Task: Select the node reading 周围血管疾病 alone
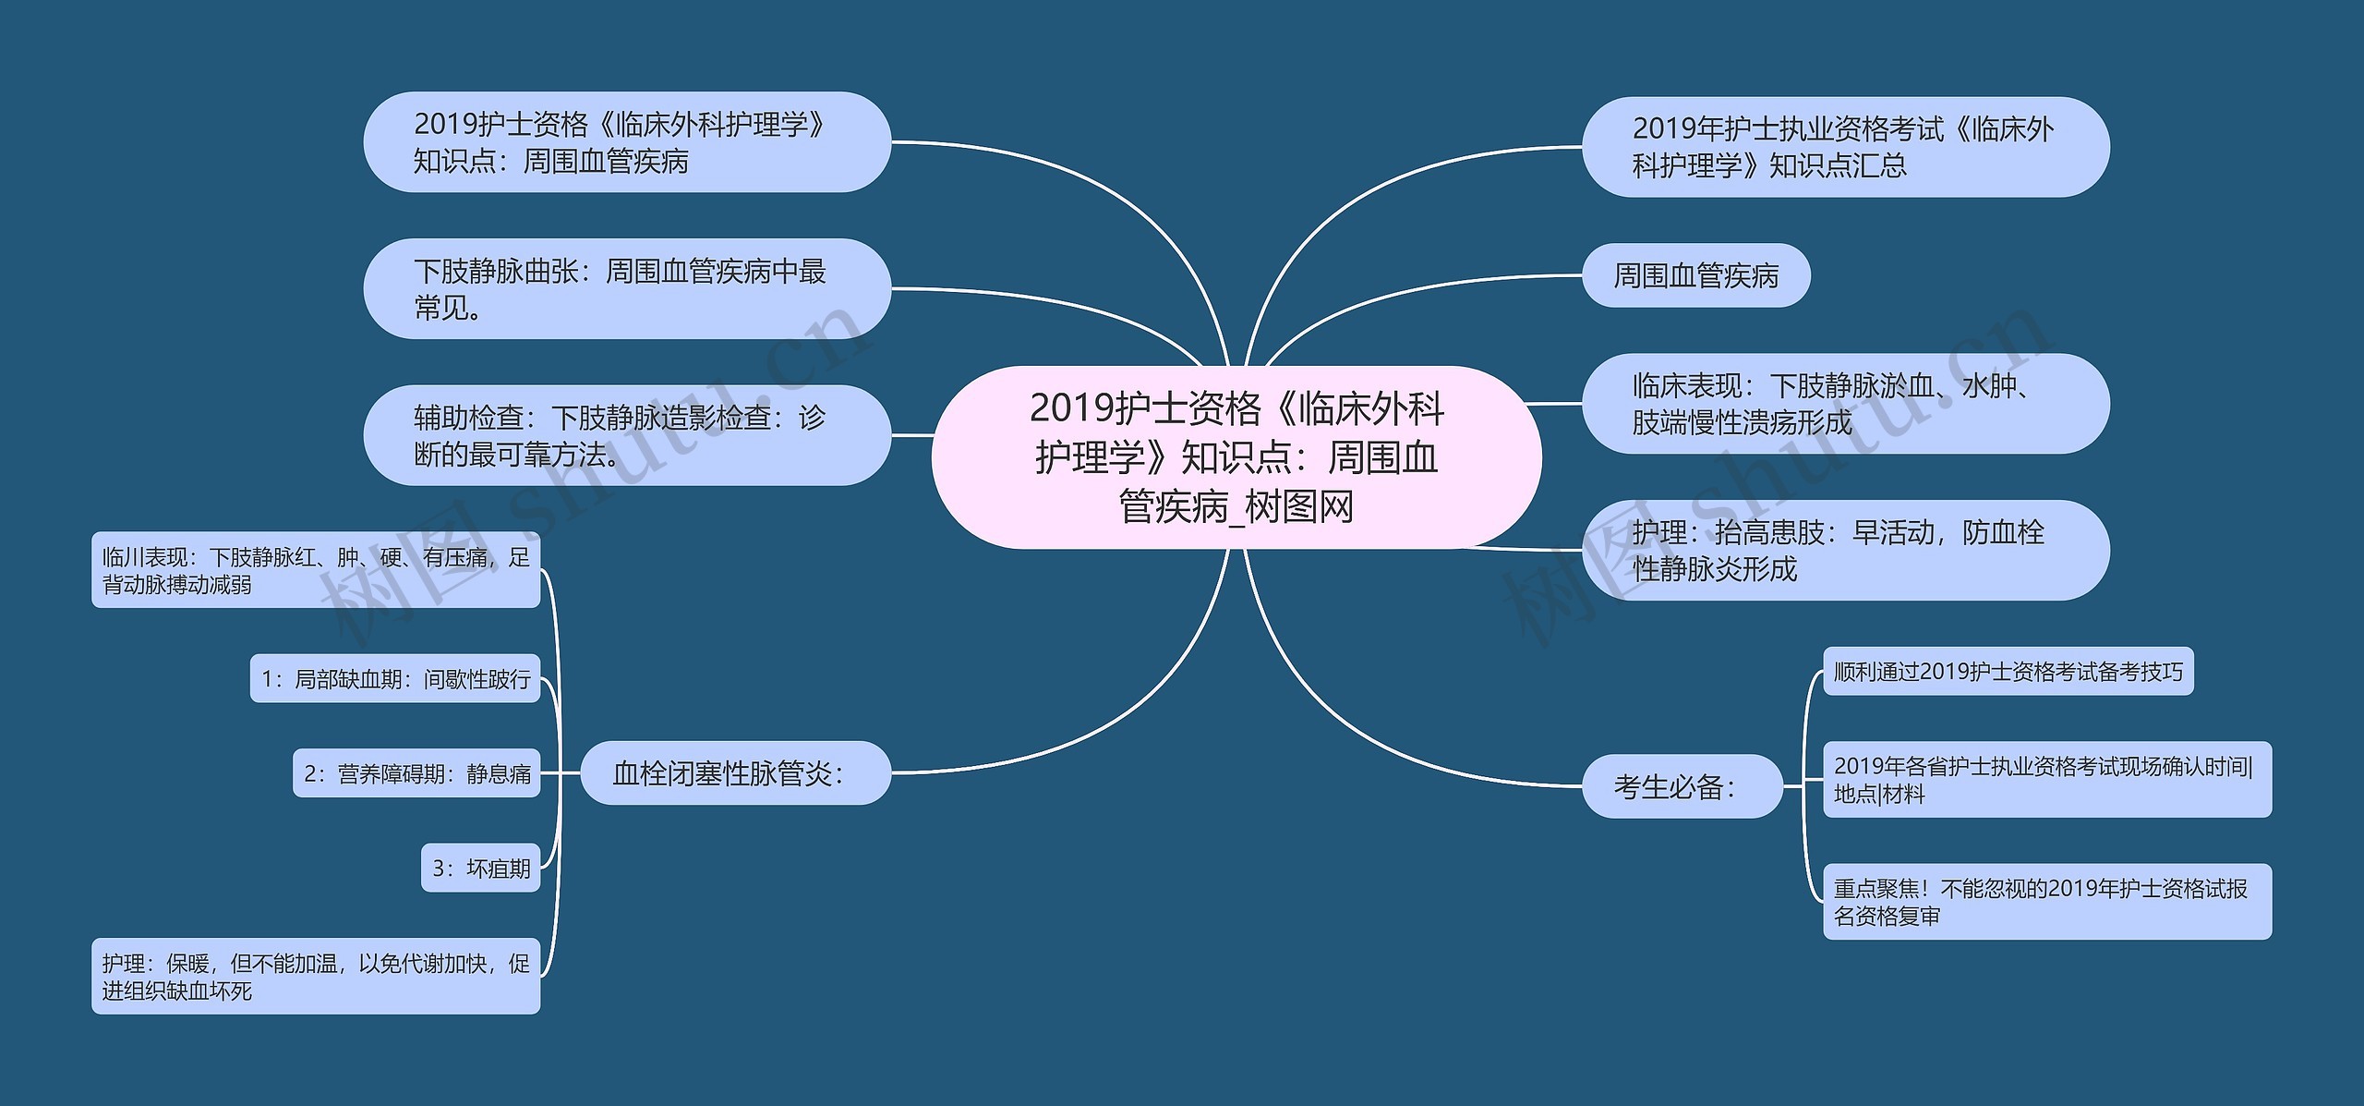pos(1695,275)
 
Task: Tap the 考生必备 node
pos(1682,786)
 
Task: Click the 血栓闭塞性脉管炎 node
pos(735,772)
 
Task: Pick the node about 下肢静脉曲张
pos(626,289)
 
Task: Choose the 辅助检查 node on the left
pos(626,435)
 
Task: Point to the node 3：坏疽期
pos(480,869)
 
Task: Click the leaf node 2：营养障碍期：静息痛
pos(416,773)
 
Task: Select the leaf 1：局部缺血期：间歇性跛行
pos(395,679)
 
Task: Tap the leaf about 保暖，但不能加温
pos(315,977)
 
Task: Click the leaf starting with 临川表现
pos(315,570)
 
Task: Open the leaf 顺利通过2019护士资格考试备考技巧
pos(2008,672)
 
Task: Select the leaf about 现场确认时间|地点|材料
pos(2046,779)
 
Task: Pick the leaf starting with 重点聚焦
pos(2046,902)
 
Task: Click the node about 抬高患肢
pos(1845,550)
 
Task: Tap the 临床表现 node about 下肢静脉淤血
pos(1845,404)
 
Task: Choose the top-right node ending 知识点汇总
pos(1845,147)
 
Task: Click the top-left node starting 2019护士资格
pos(626,142)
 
